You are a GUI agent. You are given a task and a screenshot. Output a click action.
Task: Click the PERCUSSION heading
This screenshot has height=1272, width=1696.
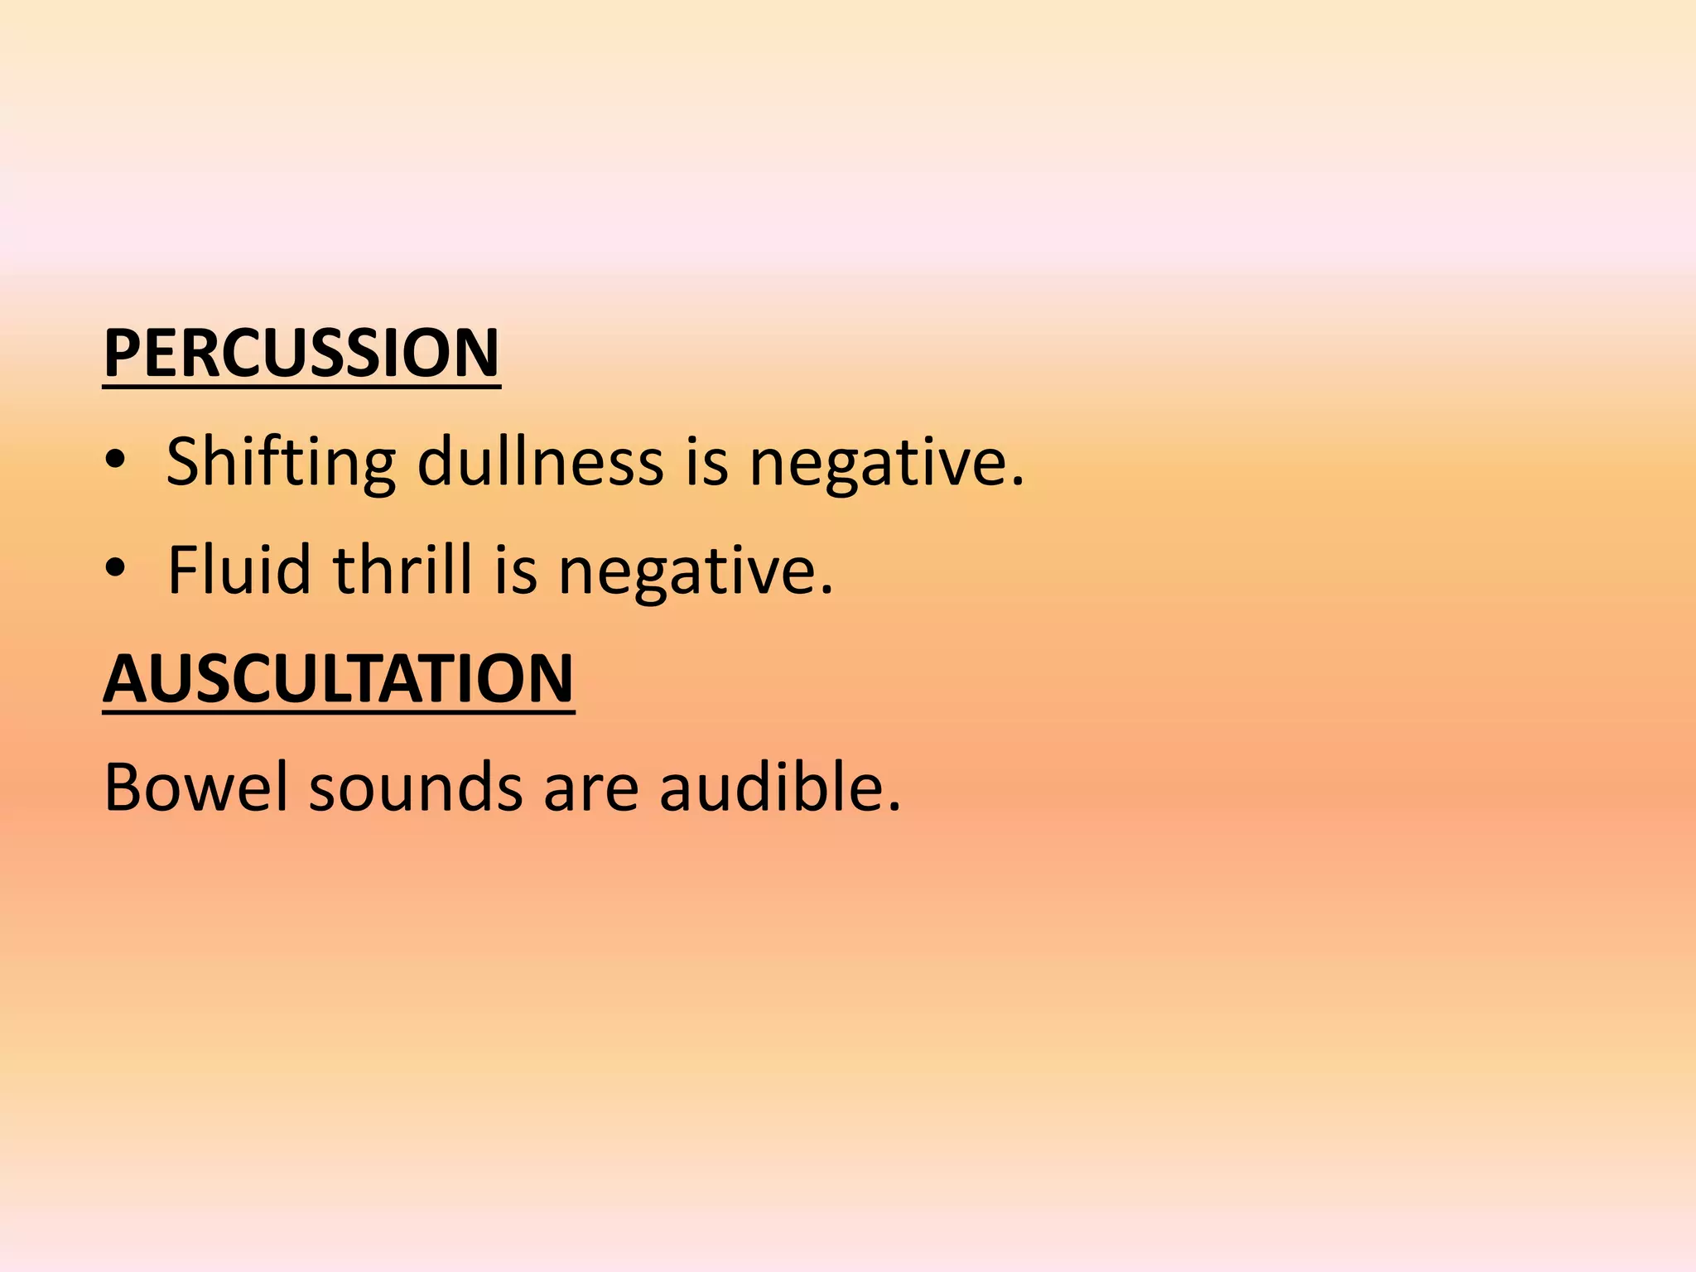301,354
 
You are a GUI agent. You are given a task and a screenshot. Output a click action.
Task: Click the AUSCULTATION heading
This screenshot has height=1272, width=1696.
338,678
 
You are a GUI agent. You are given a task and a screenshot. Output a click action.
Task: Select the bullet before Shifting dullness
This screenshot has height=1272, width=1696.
116,460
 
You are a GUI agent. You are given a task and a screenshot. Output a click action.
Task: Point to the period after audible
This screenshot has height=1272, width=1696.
894,807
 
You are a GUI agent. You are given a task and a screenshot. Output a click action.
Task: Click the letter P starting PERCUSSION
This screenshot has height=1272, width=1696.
121,354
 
